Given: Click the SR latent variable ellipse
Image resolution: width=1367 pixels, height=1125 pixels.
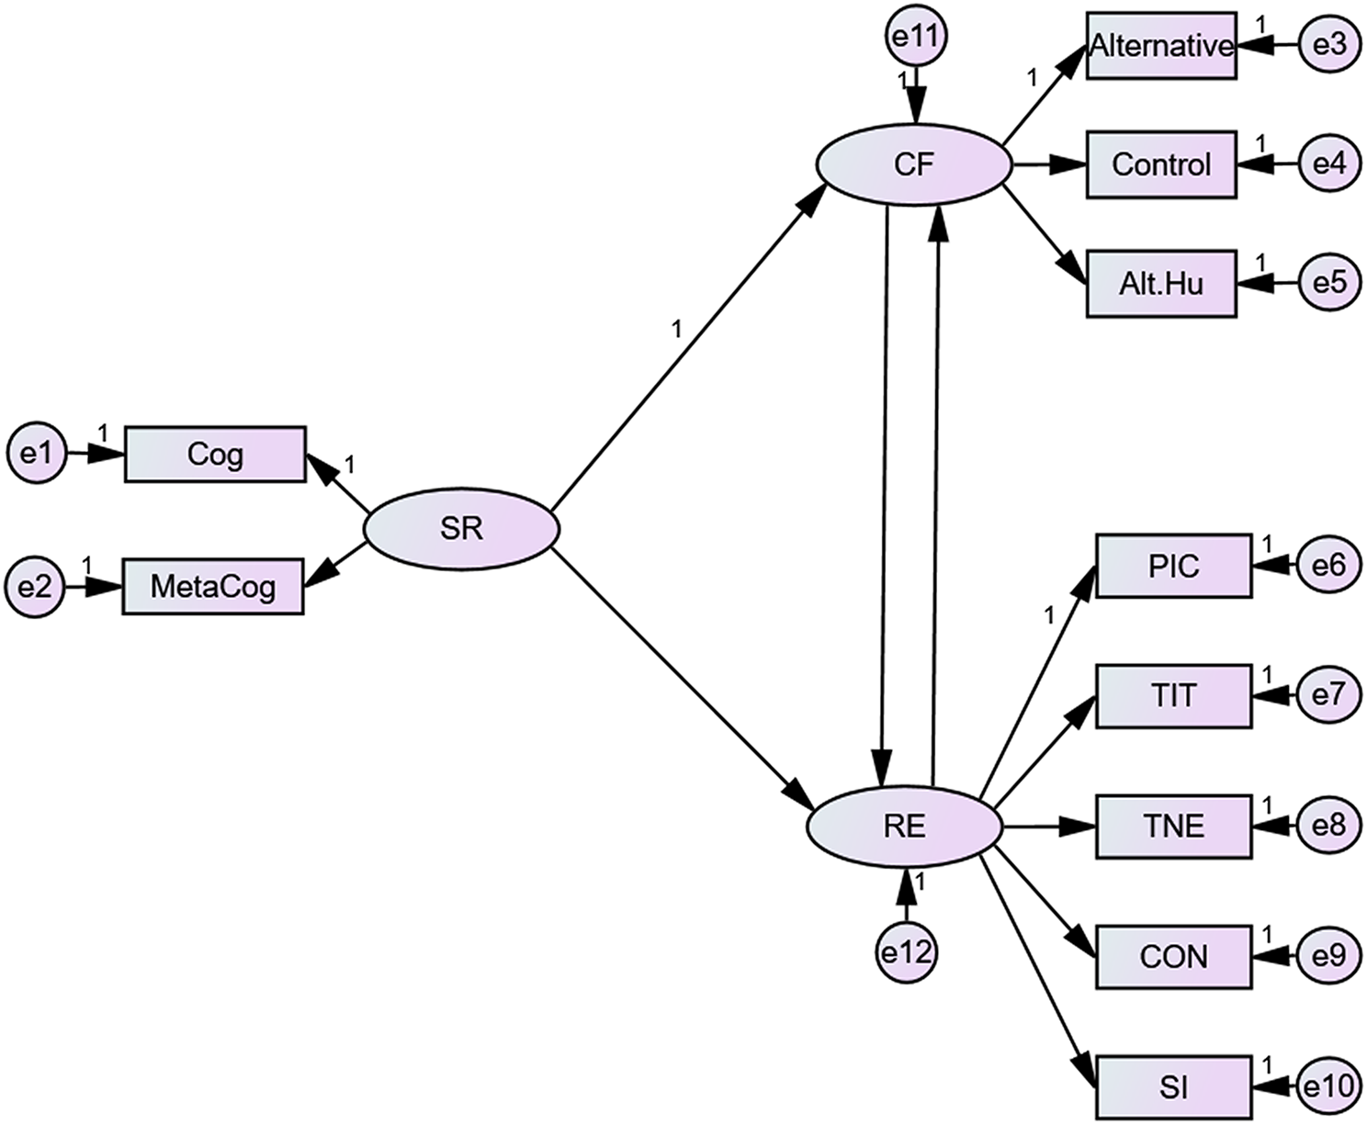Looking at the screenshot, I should [461, 529].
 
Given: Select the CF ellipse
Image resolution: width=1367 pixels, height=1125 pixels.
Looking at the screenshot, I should [914, 164].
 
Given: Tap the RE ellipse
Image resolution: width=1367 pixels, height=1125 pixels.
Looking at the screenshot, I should [904, 827].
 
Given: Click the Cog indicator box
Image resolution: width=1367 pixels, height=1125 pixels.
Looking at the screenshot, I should [215, 454].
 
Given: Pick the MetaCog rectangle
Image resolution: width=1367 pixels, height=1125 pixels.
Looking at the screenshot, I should [213, 586].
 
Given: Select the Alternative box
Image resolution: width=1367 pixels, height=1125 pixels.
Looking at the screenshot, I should [1161, 46].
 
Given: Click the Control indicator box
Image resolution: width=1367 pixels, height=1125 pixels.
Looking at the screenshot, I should [1161, 164].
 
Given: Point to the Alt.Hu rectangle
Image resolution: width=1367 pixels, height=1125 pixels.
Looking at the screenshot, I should [1161, 283].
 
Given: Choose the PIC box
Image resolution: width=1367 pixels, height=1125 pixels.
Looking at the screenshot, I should [1173, 566].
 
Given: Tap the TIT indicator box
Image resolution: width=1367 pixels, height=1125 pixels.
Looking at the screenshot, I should [1173, 695].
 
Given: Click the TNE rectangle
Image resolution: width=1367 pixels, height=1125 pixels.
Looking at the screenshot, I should [1173, 827].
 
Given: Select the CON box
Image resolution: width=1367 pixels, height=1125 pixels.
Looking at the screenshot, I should [1173, 957].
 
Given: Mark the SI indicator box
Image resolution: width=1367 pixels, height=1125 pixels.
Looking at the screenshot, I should [1173, 1087].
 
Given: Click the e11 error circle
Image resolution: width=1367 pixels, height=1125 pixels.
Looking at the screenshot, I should [915, 37].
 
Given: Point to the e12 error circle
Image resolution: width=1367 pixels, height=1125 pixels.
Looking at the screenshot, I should [906, 952].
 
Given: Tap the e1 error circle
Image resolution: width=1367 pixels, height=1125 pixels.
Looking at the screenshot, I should [36, 453].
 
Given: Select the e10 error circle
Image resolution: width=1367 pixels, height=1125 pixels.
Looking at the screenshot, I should [1328, 1087].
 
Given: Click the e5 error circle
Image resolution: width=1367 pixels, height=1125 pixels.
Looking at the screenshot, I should [1328, 282].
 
